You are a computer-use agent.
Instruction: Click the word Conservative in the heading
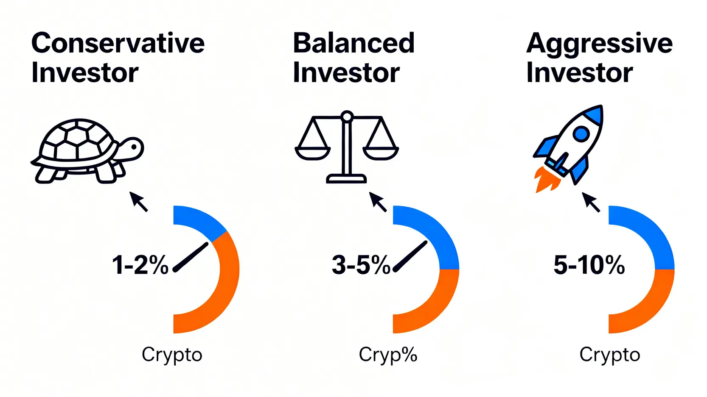tap(118, 43)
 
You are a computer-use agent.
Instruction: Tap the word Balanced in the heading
tap(353, 43)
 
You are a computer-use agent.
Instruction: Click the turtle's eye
tap(134, 147)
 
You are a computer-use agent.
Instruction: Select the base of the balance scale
tap(346, 179)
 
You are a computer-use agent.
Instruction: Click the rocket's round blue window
tap(581, 134)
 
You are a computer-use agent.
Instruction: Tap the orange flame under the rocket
tap(545, 180)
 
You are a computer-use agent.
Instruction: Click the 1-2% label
tap(140, 265)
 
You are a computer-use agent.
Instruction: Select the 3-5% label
tap(361, 265)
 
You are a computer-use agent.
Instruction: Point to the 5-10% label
tap(589, 265)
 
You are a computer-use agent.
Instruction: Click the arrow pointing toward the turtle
tap(138, 201)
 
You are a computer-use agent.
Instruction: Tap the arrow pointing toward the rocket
tap(591, 202)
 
